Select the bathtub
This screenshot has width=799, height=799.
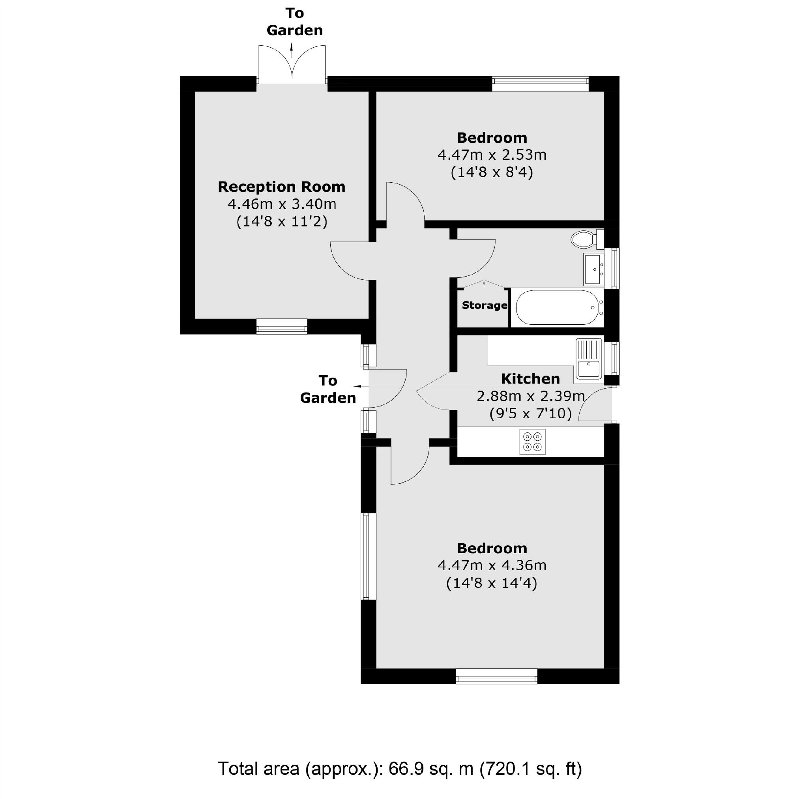(x=558, y=307)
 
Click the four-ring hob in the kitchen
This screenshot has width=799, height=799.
(x=532, y=442)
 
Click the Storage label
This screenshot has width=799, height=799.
(x=484, y=305)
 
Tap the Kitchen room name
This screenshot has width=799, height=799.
(x=530, y=378)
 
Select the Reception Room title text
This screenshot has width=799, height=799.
(x=281, y=187)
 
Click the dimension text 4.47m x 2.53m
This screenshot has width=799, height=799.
(x=492, y=155)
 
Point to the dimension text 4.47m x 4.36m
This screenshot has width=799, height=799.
(x=492, y=565)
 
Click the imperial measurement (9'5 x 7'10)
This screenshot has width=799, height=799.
(x=530, y=413)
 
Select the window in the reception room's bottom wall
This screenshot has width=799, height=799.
(x=282, y=326)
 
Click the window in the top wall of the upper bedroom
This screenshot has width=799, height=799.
(x=540, y=84)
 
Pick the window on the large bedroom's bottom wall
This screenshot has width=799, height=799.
(x=496, y=677)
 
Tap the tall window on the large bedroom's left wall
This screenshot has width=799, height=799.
(x=368, y=556)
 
